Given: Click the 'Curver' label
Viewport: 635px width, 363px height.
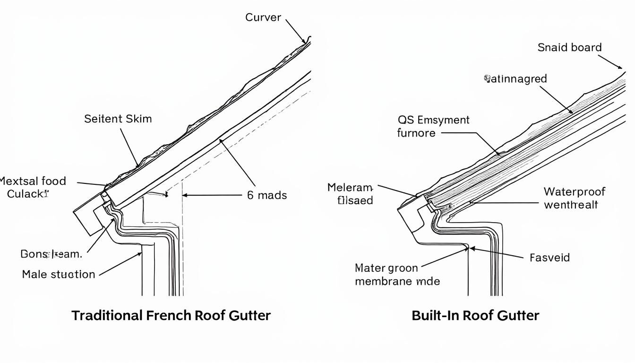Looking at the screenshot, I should click(263, 17).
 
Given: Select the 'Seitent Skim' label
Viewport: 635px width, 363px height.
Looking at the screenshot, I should click(118, 119).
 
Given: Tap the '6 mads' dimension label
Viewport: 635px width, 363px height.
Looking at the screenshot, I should click(267, 195).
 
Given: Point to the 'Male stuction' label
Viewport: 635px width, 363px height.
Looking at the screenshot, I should click(59, 274).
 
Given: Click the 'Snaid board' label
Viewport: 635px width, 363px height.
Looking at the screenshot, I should click(569, 47).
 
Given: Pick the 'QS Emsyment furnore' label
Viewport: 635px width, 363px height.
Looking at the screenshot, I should click(433, 126).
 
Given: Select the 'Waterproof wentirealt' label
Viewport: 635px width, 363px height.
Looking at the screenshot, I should click(574, 198).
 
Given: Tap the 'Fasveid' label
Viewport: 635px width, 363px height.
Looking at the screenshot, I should click(549, 258).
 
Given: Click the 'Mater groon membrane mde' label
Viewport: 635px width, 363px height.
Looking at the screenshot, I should click(397, 275).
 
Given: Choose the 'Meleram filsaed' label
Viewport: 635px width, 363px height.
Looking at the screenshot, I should click(350, 194).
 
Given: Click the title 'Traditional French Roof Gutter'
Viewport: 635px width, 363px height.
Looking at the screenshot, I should click(171, 315).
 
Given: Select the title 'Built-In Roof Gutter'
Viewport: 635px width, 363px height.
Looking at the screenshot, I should click(475, 315).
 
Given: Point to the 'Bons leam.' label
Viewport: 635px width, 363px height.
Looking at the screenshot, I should click(51, 254).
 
